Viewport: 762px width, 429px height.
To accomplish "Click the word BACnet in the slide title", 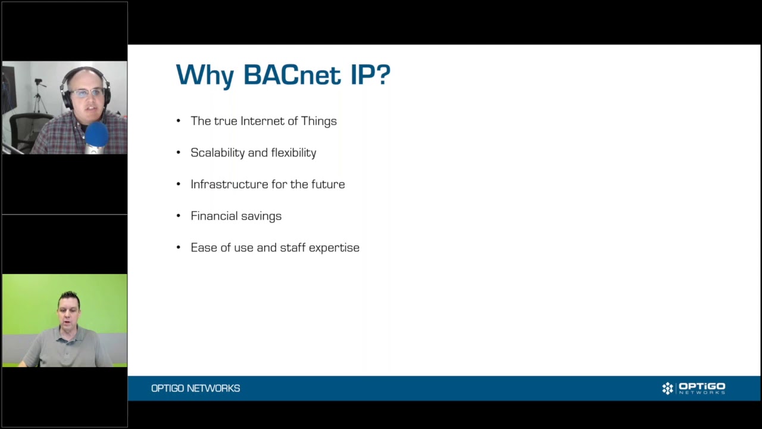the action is [x=292, y=74].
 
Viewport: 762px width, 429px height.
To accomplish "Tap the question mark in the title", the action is [x=384, y=74].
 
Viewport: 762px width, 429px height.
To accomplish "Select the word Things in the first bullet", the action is [x=318, y=121].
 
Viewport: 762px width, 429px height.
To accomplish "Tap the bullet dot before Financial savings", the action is [x=179, y=216].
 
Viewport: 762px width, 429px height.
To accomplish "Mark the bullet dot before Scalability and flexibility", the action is [x=179, y=153].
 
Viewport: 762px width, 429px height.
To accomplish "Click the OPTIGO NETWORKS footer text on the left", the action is [x=196, y=388].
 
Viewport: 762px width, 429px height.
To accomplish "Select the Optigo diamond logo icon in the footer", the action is [x=667, y=388].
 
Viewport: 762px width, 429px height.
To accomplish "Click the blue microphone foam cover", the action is [x=96, y=134].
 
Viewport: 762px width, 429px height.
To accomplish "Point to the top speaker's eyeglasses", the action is [x=87, y=93].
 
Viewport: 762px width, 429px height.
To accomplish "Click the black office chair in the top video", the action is [x=27, y=130].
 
